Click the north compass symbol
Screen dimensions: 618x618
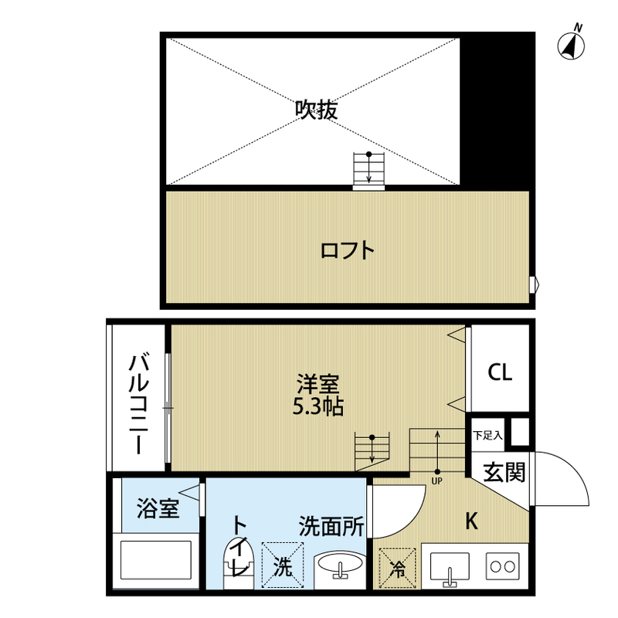[572, 43]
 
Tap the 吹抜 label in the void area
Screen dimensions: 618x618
[317, 109]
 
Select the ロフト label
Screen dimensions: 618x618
[347, 250]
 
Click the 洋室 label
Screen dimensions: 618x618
[318, 385]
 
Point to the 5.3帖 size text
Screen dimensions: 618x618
[318, 407]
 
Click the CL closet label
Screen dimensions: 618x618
[500, 372]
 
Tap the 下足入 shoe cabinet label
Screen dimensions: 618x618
[487, 436]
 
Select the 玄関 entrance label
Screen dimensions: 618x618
[504, 472]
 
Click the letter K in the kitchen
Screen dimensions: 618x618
[472, 521]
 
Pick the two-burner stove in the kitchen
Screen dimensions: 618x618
[503, 566]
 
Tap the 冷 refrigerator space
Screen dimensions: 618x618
[397, 569]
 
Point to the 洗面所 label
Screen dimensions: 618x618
[331, 526]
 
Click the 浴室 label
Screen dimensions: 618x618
[158, 508]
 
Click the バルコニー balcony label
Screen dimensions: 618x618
[139, 404]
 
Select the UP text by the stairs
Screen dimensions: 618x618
[436, 480]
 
